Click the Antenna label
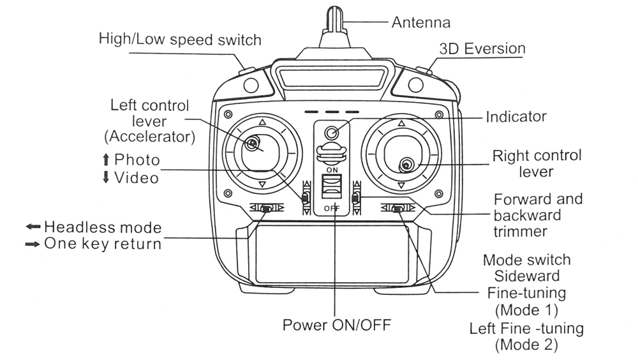(420, 22)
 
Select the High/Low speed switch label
(180, 40)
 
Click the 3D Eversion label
(482, 49)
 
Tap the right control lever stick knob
(406, 166)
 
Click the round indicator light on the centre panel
(331, 133)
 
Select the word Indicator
(516, 117)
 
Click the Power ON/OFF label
(336, 324)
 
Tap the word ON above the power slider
(332, 170)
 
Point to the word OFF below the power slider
(332, 208)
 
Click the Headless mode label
(102, 227)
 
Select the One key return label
(102, 244)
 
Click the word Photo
(137, 160)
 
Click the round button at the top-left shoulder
(251, 84)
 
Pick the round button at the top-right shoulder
(417, 84)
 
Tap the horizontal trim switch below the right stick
(397, 208)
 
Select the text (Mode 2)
(526, 345)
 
